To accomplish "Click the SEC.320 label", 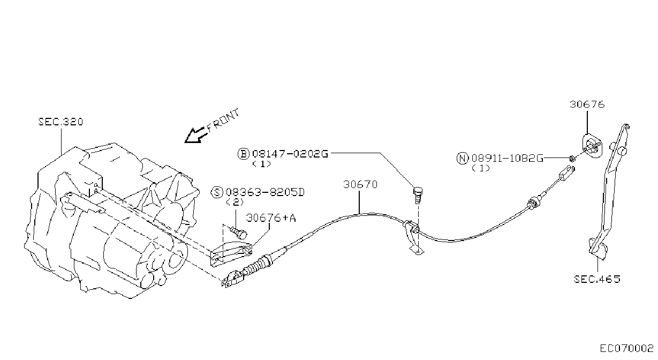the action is coord(61,122).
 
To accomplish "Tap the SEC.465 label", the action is coord(597,279).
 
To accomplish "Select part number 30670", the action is coord(360,185).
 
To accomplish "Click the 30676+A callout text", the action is coord(271,217).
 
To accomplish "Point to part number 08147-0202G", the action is coord(290,154).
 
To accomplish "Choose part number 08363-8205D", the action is coord(265,192).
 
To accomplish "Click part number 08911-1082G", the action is coord(508,159).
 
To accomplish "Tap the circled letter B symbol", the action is coord(243,154).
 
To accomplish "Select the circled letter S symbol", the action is coord(217,192).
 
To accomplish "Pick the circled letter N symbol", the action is coord(463,159).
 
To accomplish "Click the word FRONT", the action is coord(223,121).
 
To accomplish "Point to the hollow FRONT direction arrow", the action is coord(195,136).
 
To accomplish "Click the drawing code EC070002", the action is coord(626,349).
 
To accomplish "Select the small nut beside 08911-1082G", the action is coord(572,159).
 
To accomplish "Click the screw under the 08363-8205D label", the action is coord(239,232).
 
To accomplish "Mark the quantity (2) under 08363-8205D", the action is coord(235,202).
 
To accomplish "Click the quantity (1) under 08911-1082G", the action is coord(481,168).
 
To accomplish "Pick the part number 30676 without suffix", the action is coord(587,104).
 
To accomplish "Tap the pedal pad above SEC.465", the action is coord(599,249).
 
